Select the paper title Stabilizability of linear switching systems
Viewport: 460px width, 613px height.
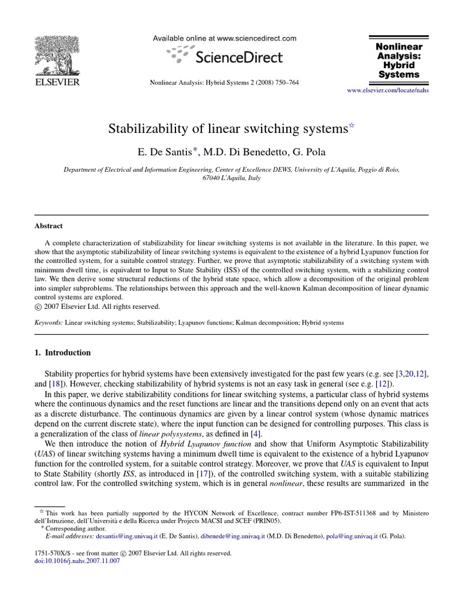click(x=228, y=129)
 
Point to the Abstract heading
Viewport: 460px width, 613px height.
click(x=49, y=226)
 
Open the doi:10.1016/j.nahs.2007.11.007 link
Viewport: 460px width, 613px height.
click(x=78, y=561)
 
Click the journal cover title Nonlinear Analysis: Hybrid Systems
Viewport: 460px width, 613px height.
click(x=398, y=60)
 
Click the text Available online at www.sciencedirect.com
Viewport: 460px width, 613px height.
click(x=225, y=38)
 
